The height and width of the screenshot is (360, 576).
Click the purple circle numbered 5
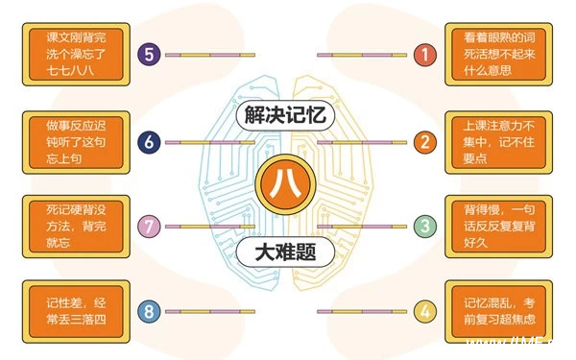pyautogui.click(x=149, y=55)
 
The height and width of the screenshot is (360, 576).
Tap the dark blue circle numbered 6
pyautogui.click(x=149, y=143)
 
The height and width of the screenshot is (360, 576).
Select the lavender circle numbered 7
pyautogui.click(x=149, y=227)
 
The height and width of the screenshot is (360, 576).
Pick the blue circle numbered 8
pyautogui.click(x=149, y=311)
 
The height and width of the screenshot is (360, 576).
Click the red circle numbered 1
pyautogui.click(x=424, y=55)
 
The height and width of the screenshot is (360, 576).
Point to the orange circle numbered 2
pyautogui.click(x=424, y=143)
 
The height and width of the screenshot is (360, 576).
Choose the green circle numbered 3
pyautogui.click(x=424, y=227)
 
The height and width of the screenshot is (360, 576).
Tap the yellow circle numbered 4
pyautogui.click(x=424, y=311)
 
